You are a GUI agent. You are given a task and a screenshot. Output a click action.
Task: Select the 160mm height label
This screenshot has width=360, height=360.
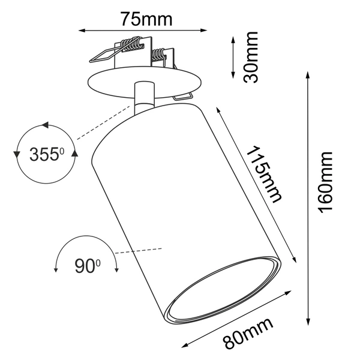325,181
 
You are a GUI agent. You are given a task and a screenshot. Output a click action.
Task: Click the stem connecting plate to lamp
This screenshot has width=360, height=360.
143,96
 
